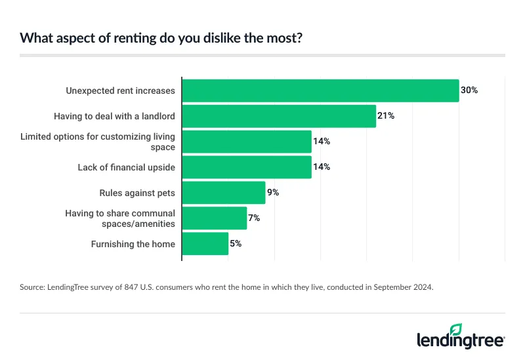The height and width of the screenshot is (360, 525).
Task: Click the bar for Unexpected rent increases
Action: (x=320, y=90)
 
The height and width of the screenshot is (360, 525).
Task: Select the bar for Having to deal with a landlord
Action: (x=278, y=116)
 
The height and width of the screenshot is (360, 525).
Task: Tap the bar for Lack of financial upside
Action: (x=246, y=167)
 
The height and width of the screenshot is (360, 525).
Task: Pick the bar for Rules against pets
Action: (x=223, y=193)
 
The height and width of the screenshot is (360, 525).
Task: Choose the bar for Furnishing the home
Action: (x=205, y=244)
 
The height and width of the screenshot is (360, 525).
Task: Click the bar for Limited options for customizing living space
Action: (x=246, y=142)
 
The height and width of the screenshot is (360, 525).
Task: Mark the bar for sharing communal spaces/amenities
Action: (x=214, y=218)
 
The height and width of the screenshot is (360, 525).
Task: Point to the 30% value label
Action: (x=469, y=90)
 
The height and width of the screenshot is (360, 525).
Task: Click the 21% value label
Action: (x=386, y=116)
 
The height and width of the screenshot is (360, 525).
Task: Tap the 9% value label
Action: (x=273, y=193)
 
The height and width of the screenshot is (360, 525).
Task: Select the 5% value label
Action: (x=236, y=244)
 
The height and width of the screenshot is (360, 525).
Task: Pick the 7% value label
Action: (x=254, y=218)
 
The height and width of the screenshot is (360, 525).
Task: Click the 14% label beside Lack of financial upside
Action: (x=322, y=167)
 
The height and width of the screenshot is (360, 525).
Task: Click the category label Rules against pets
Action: (x=137, y=193)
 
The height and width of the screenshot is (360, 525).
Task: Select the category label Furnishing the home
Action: (x=133, y=244)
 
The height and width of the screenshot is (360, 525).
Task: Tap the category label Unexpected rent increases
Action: (x=120, y=90)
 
